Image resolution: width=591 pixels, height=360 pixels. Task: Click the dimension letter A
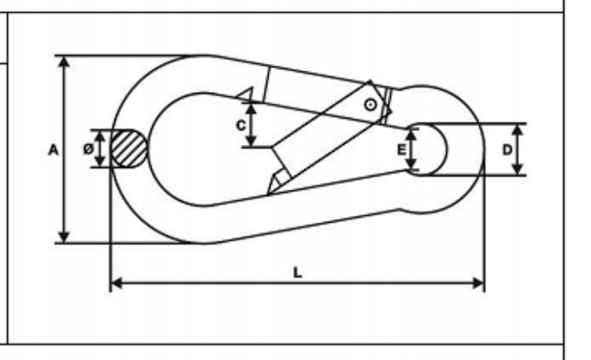click(x=54, y=150)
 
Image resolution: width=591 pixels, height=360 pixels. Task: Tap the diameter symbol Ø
click(x=88, y=150)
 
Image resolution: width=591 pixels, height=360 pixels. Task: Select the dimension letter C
click(x=241, y=125)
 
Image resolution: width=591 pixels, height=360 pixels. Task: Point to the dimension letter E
click(x=402, y=150)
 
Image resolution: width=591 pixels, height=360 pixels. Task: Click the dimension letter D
click(x=507, y=150)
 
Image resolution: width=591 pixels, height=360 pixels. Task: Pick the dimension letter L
click(x=298, y=273)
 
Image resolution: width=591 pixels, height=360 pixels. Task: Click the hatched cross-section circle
click(x=129, y=149)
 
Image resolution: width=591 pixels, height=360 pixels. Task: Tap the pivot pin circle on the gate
click(x=371, y=105)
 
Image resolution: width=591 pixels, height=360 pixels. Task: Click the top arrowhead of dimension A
click(x=65, y=62)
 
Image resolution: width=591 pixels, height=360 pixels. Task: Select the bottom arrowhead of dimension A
click(x=65, y=237)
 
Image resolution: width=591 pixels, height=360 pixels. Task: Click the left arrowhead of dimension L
click(x=116, y=283)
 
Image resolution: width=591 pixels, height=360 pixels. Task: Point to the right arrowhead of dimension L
click(x=478, y=283)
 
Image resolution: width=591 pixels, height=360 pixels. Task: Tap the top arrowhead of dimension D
click(x=518, y=130)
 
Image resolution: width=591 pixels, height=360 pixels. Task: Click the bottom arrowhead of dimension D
click(x=518, y=169)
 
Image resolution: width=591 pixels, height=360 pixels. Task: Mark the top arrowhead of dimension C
click(x=252, y=109)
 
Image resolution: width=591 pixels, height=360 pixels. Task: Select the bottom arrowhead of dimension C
click(x=252, y=140)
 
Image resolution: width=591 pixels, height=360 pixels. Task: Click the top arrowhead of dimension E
click(x=412, y=135)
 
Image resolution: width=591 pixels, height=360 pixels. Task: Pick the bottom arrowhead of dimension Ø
click(x=100, y=161)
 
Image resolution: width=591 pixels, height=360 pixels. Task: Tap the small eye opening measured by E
click(x=427, y=150)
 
